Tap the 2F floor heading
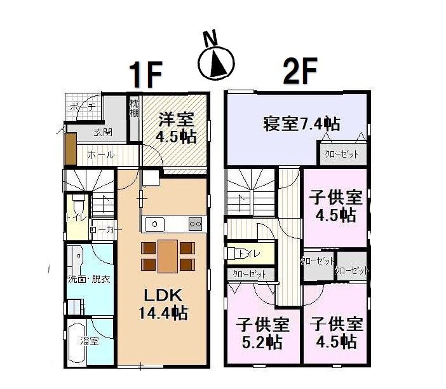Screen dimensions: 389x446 pyautogui.click(x=299, y=75)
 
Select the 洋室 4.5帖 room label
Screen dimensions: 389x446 pyautogui.click(x=175, y=126)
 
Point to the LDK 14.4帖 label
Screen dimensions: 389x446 pyautogui.click(x=163, y=304)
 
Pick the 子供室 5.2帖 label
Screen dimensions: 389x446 pyautogui.click(x=263, y=333)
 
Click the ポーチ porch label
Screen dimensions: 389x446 pyautogui.click(x=82, y=107)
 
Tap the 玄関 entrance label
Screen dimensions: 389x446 pyautogui.click(x=103, y=133)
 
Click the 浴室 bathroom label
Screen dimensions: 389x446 pyautogui.click(x=89, y=341)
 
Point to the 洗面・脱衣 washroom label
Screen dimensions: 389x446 pyautogui.click(x=90, y=279)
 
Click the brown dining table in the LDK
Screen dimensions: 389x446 pyautogui.click(x=168, y=256)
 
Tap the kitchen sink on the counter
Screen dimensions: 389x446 pyautogui.click(x=155, y=224)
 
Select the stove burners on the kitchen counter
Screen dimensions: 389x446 pyautogui.click(x=195, y=223)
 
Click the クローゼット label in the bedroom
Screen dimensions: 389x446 pyautogui.click(x=341, y=154)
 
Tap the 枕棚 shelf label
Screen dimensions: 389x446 pyautogui.click(x=134, y=108)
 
